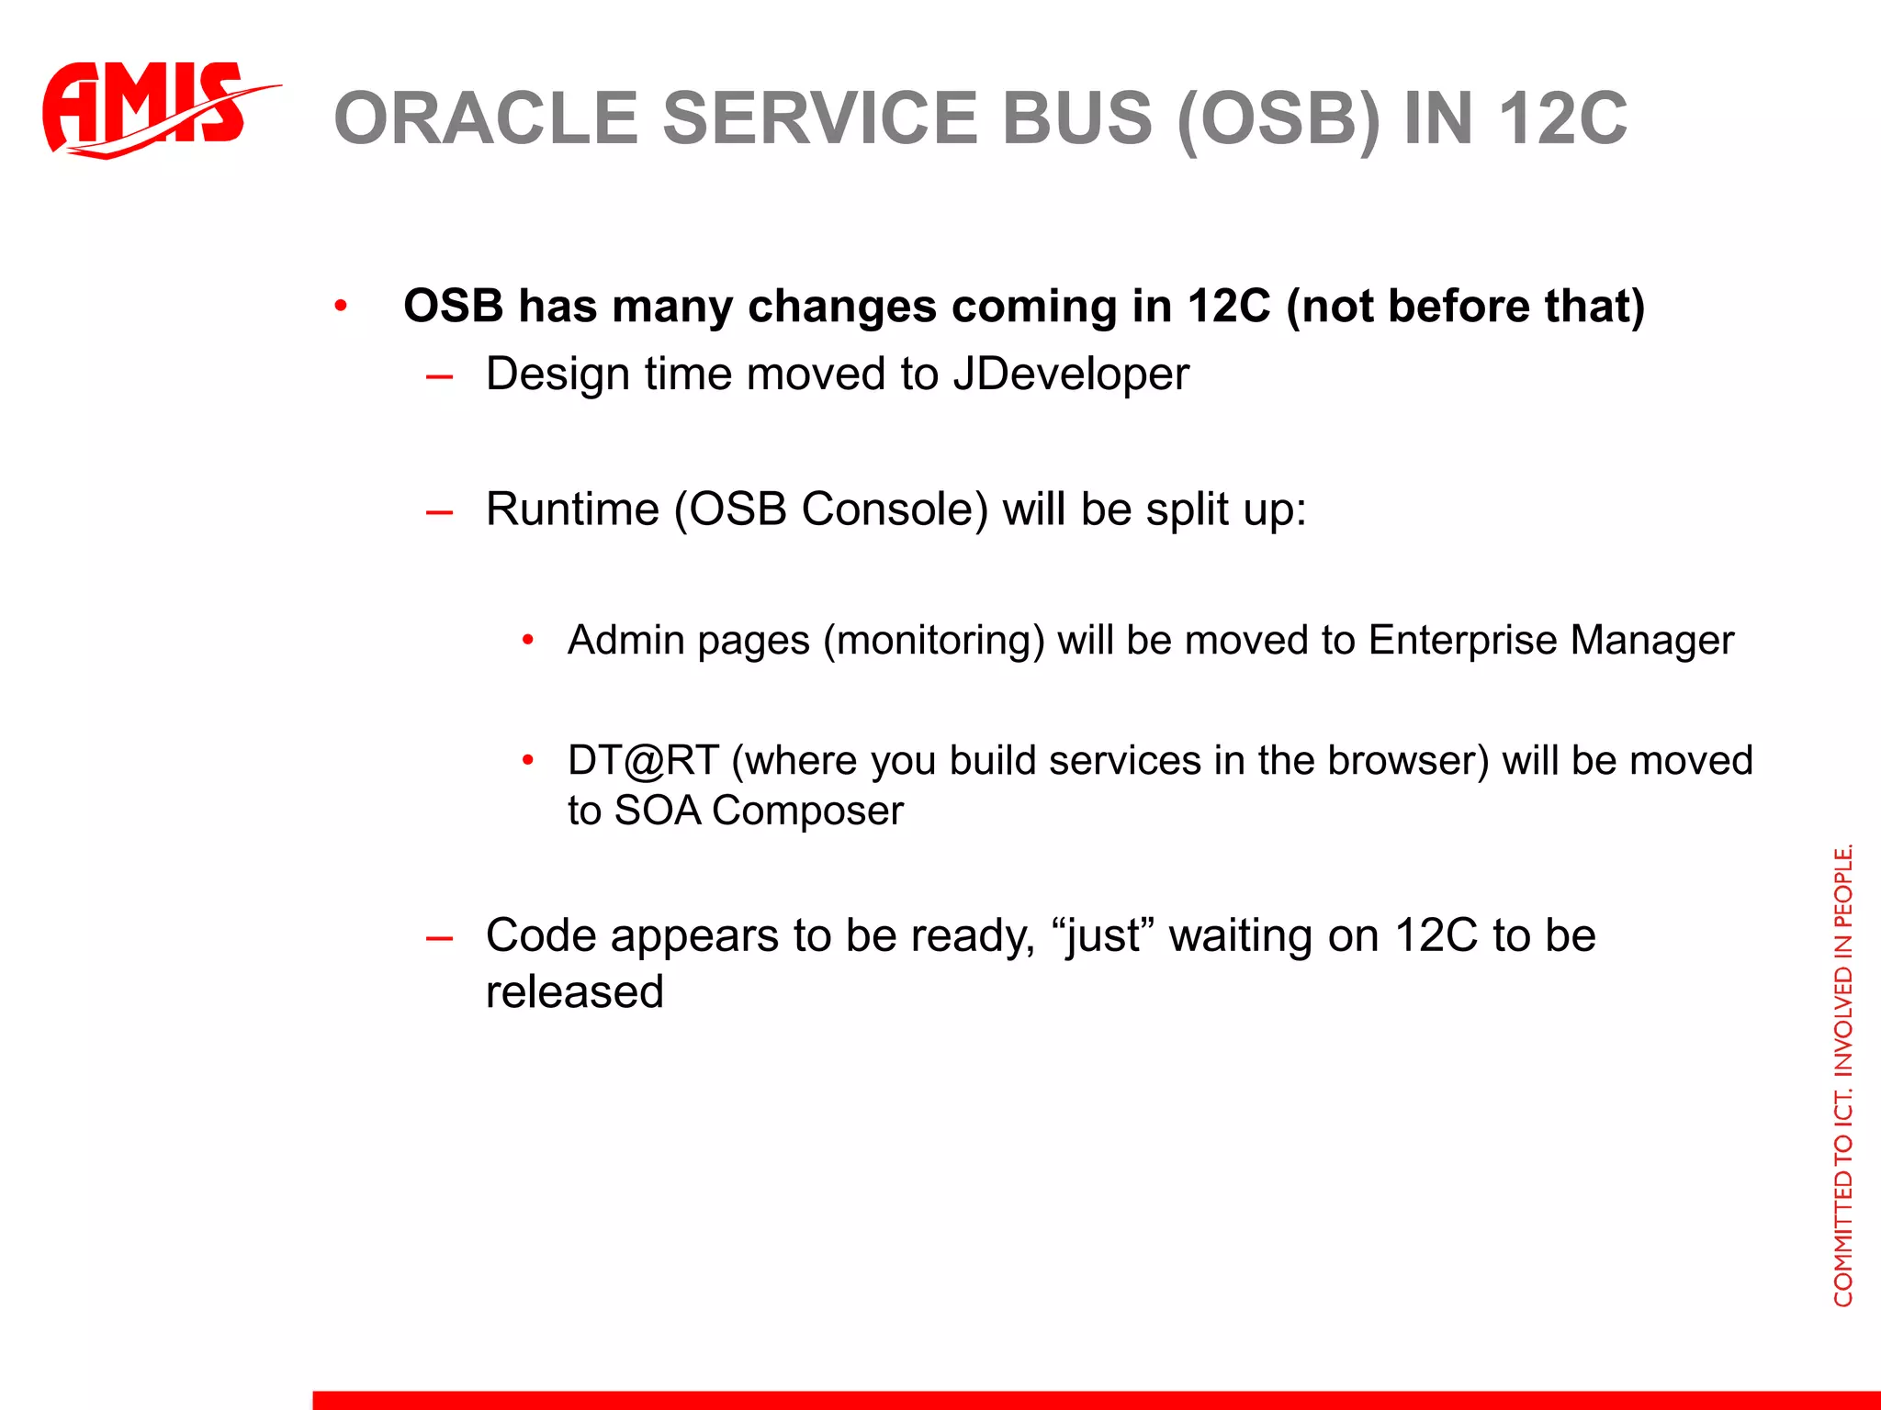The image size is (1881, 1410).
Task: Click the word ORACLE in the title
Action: point(485,118)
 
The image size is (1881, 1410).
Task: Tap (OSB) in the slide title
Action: point(1278,118)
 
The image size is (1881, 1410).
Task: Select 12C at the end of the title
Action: point(1562,118)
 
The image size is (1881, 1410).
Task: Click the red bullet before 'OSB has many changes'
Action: point(341,306)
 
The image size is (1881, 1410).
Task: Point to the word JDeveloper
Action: point(1070,374)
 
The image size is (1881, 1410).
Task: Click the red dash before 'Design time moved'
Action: point(440,376)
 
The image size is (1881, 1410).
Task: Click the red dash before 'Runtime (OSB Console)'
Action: point(440,511)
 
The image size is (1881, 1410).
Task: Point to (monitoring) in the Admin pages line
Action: point(933,640)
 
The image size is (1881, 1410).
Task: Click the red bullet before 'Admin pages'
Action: point(527,640)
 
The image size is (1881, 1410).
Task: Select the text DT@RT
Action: point(643,760)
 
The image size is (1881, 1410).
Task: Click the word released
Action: point(574,991)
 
